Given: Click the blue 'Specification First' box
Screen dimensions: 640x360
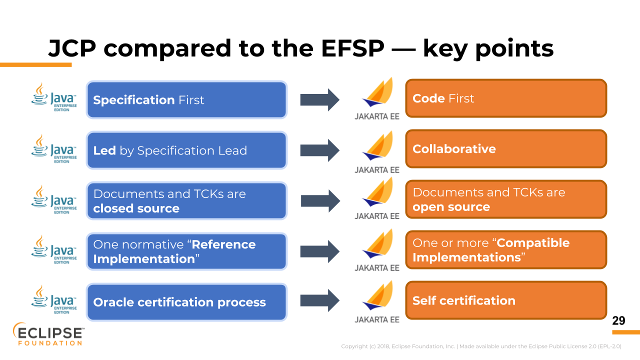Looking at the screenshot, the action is pyautogui.click(x=186, y=99).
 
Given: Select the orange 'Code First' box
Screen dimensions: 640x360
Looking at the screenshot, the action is pyautogui.click(x=506, y=98).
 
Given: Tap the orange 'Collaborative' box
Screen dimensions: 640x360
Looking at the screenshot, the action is pyautogui.click(x=506, y=149).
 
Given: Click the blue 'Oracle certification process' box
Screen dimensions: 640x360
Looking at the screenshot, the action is pyautogui.click(x=186, y=302).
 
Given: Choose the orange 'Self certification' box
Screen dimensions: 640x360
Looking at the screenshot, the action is pyautogui.click(x=506, y=300).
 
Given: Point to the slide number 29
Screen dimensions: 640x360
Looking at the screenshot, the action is pyautogui.click(x=618, y=320).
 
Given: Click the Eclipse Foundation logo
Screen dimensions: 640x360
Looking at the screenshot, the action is pyautogui.click(x=48, y=334).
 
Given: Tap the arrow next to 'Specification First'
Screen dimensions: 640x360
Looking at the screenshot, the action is pyautogui.click(x=319, y=99).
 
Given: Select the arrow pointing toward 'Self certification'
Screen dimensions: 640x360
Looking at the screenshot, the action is pyautogui.click(x=319, y=300).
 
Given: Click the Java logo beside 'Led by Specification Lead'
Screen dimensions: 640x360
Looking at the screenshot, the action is pyautogui.click(x=54, y=149).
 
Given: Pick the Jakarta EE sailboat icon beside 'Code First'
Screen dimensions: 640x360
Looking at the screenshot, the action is pyautogui.click(x=377, y=92).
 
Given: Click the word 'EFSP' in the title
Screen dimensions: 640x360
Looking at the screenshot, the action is pyautogui.click(x=352, y=48).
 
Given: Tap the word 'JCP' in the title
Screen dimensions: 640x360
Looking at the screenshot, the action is pyautogui.click(x=72, y=48).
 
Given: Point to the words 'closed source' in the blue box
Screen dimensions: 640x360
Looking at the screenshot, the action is pyautogui.click(x=136, y=208).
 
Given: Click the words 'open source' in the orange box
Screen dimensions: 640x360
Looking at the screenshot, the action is pyautogui.click(x=451, y=207).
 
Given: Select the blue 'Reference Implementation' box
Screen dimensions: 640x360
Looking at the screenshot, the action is pyautogui.click(x=186, y=251).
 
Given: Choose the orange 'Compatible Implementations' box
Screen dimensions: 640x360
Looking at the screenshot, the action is pyautogui.click(x=506, y=250).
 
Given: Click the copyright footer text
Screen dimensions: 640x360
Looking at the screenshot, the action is pyautogui.click(x=481, y=346).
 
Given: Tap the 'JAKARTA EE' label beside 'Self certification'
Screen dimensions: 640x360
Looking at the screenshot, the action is pyautogui.click(x=377, y=319).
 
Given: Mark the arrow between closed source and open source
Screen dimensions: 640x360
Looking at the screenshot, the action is pyautogui.click(x=320, y=201).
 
